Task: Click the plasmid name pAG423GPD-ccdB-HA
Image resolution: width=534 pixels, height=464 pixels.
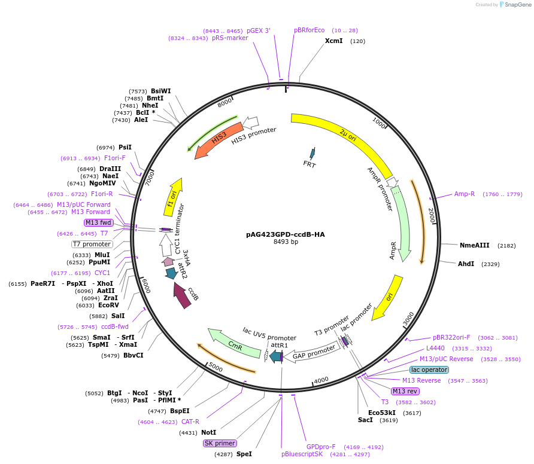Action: coord(285,234)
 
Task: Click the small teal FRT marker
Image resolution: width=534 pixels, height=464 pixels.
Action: coord(311,154)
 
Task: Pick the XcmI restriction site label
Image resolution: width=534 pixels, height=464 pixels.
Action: coord(333,41)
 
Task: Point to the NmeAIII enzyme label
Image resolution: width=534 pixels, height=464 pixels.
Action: coord(474,245)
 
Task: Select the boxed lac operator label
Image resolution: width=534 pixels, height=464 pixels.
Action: coord(429,370)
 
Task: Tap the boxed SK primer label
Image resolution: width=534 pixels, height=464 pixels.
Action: coord(220,443)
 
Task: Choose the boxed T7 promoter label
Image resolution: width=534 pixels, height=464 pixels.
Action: coord(92,244)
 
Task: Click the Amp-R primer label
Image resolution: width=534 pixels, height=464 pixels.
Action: coord(464,194)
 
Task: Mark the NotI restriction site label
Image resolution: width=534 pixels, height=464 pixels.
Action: coord(209,432)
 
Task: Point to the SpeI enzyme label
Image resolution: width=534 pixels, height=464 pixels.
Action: coord(244,454)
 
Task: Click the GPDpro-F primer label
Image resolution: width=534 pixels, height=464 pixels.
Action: coord(321,447)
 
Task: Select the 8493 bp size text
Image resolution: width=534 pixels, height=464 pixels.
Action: coord(285,242)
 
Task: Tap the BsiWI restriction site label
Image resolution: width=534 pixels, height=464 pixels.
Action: coord(160,91)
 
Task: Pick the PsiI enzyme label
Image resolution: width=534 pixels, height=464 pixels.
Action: coord(125,147)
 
